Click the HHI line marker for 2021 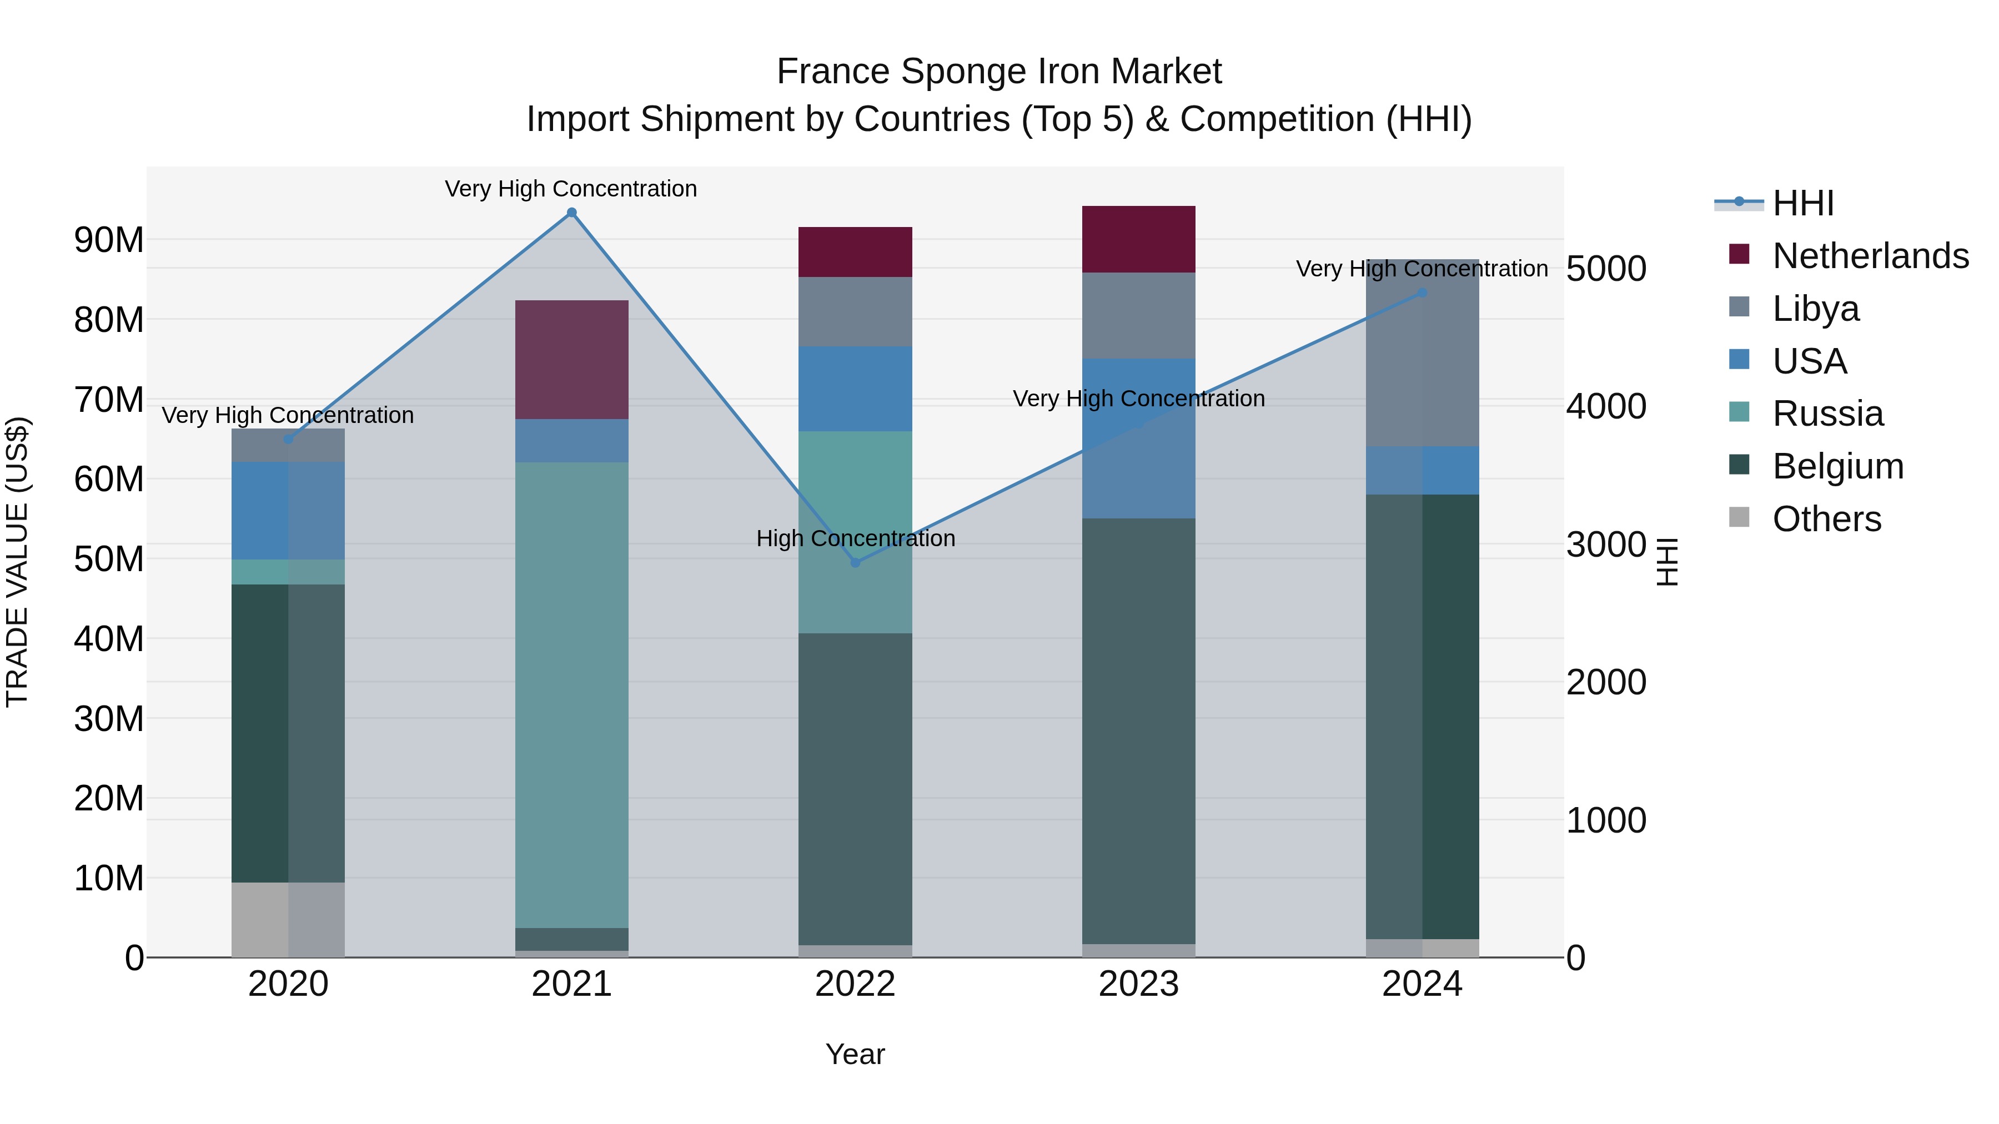pyautogui.click(x=572, y=213)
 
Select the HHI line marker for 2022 pyautogui.click(x=855, y=562)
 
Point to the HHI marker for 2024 pyautogui.click(x=1423, y=293)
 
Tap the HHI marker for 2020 pyautogui.click(x=289, y=439)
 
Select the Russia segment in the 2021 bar pyautogui.click(x=572, y=694)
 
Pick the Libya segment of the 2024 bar pyautogui.click(x=1423, y=353)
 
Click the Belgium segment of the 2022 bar pyautogui.click(x=855, y=788)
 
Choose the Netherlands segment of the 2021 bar pyautogui.click(x=572, y=359)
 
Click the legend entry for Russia pyautogui.click(x=1827, y=414)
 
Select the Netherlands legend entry pyautogui.click(x=1870, y=256)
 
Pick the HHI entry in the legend pyautogui.click(x=1802, y=203)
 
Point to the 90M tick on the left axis pyautogui.click(x=109, y=240)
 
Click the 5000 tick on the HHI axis pyautogui.click(x=1605, y=269)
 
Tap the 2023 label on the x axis pyautogui.click(x=1138, y=984)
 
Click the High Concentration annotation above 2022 pyautogui.click(x=855, y=538)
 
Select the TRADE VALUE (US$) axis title pyautogui.click(x=17, y=562)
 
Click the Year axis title pyautogui.click(x=855, y=1054)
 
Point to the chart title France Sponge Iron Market pyautogui.click(x=999, y=72)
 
